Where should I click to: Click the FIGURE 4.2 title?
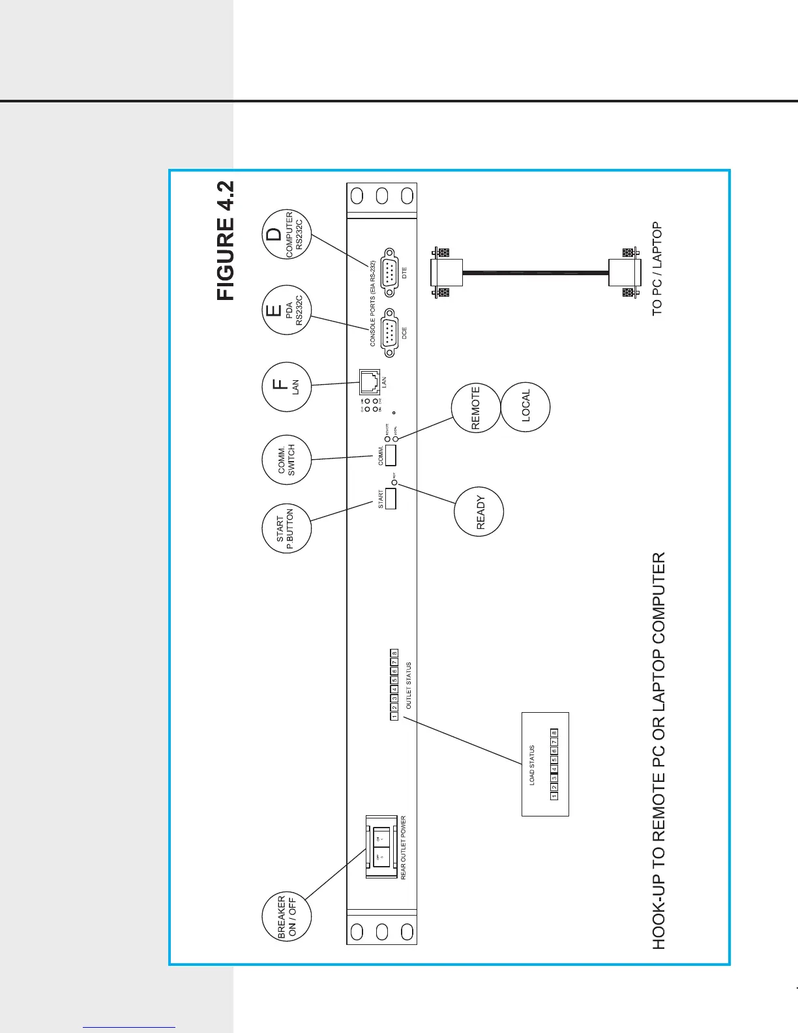[x=226, y=241]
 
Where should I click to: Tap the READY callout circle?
[x=479, y=512]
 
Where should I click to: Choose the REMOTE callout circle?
[x=476, y=408]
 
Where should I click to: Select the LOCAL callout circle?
[x=525, y=406]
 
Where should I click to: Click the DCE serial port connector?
[x=390, y=333]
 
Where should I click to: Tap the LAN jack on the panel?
[x=370, y=382]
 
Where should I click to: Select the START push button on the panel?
[x=391, y=499]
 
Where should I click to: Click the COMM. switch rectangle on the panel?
[x=391, y=455]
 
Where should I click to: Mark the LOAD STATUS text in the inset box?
[x=532, y=765]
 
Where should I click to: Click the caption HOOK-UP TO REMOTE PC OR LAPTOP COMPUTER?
[x=659, y=751]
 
